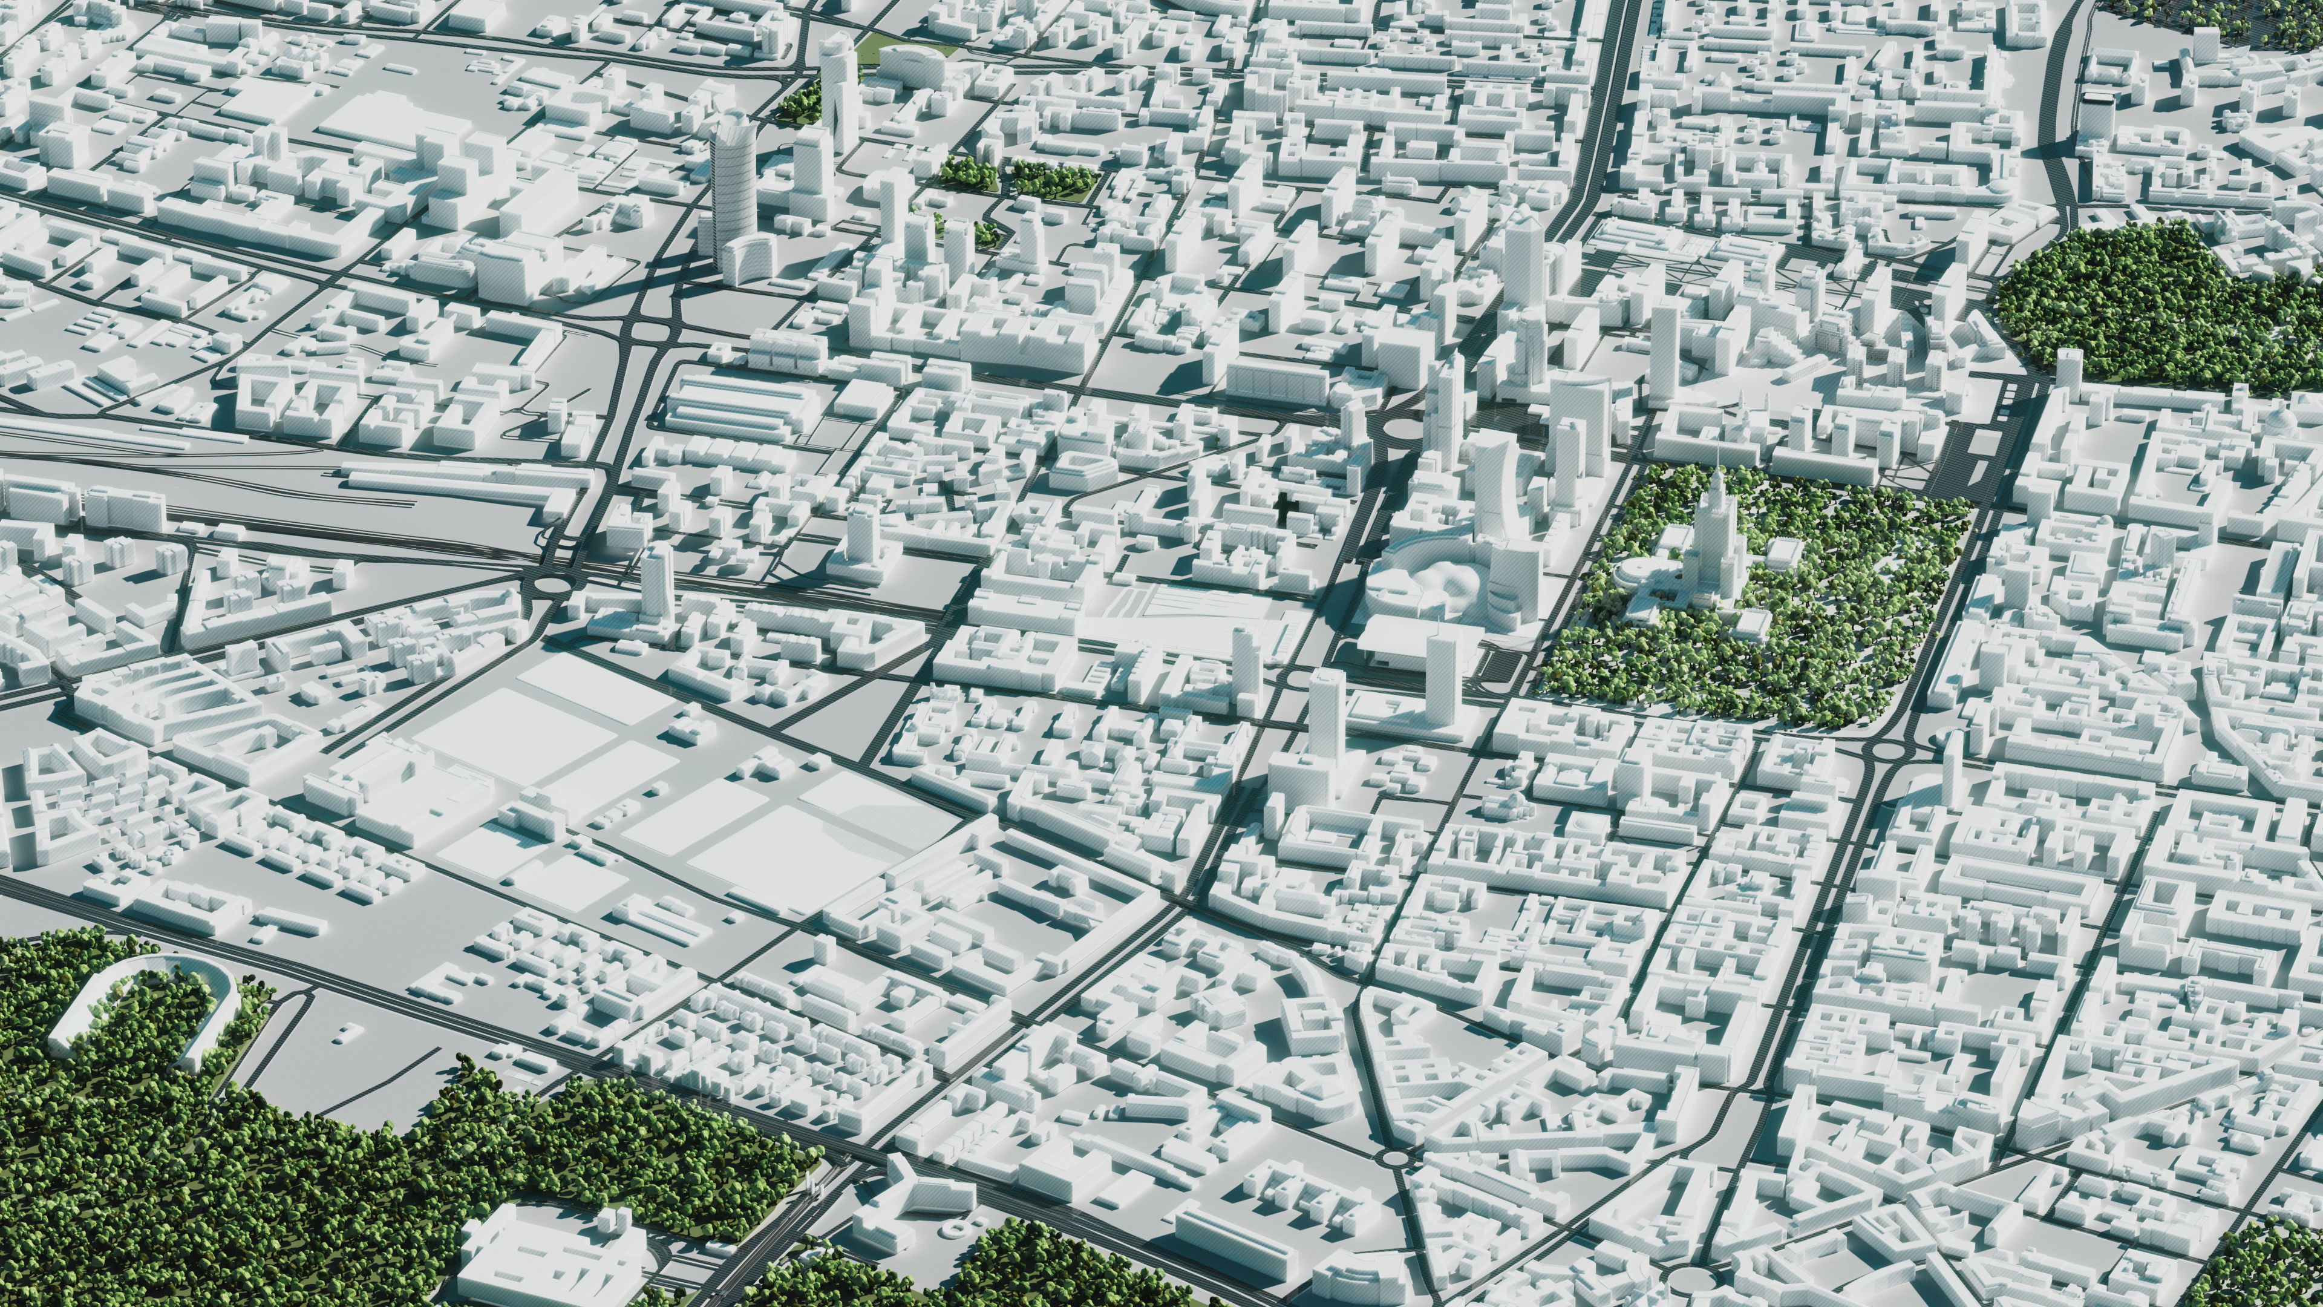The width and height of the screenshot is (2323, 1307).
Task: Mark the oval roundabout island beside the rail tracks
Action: click(x=551, y=585)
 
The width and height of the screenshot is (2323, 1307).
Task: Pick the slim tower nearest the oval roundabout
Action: click(x=656, y=577)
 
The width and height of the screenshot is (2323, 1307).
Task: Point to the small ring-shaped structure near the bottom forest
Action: click(x=952, y=1228)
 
